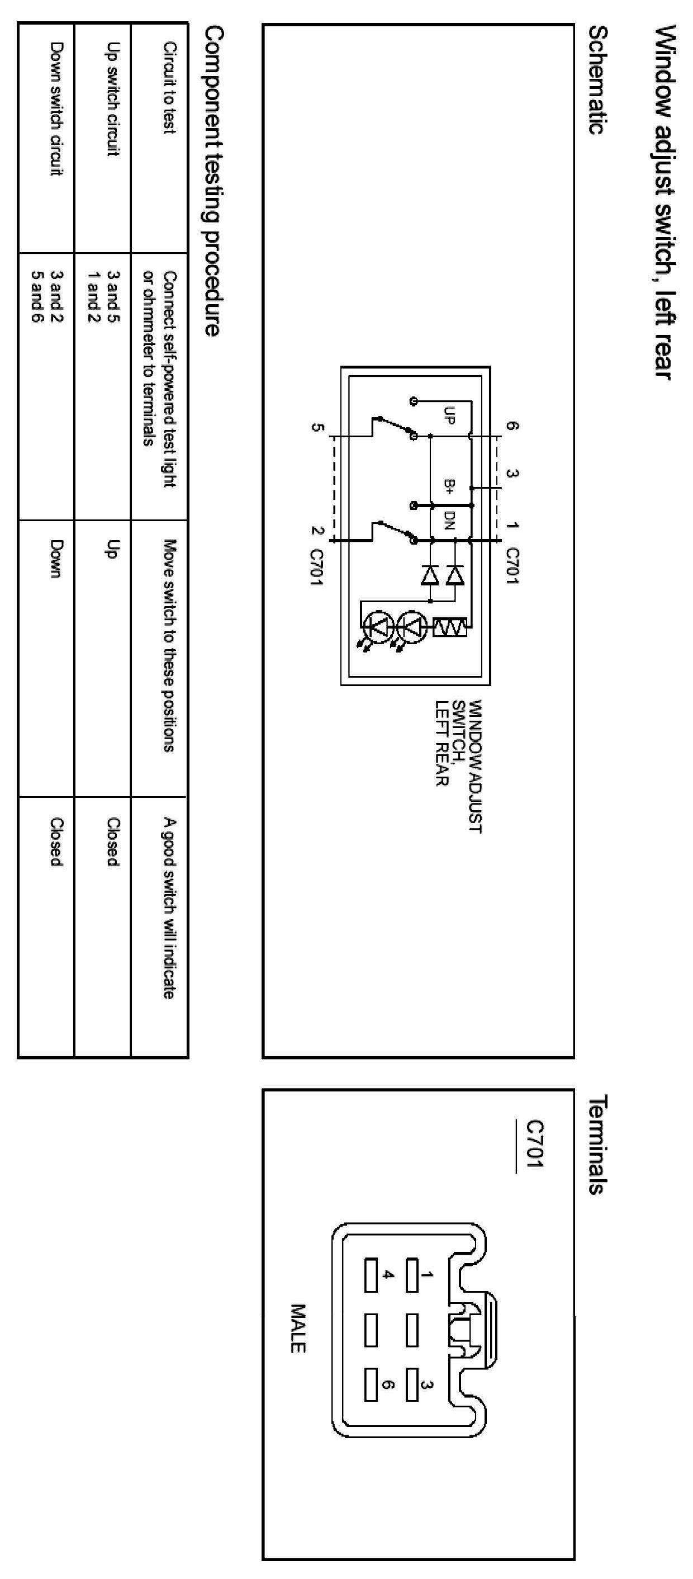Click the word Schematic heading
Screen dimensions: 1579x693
click(x=597, y=80)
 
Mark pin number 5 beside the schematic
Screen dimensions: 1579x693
click(x=316, y=427)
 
